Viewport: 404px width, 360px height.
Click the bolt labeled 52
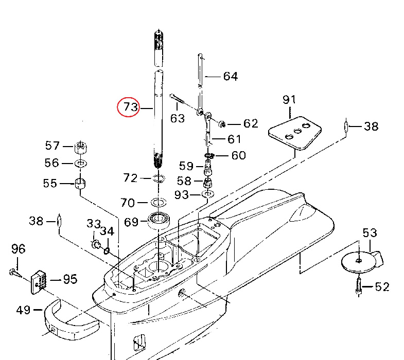tap(358, 286)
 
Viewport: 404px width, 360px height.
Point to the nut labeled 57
tap(81, 147)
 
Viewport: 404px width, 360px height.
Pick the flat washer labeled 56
tap(81, 164)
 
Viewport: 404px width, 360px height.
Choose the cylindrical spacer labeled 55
tap(80, 183)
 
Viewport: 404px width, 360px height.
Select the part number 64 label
tap(230, 77)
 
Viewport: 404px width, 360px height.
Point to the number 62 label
tap(250, 123)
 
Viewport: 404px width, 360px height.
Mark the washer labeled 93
tap(208, 194)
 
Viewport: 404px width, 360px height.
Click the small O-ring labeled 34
tap(107, 250)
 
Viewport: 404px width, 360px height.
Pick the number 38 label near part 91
tap(371, 125)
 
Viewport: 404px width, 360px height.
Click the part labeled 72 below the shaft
tap(157, 179)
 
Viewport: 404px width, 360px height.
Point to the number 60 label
tap(238, 155)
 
